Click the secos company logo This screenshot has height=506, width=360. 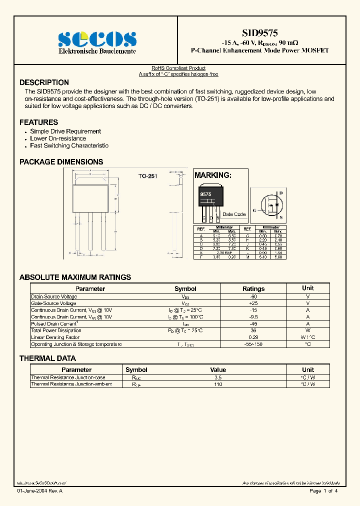pyautogui.click(x=96, y=38)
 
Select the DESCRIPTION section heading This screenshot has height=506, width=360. pyautogui.click(x=44, y=82)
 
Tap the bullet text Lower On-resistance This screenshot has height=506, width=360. pyautogui.click(x=58, y=138)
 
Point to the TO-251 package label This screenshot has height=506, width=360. pyautogui.click(x=147, y=176)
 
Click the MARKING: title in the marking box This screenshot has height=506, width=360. pyautogui.click(x=212, y=175)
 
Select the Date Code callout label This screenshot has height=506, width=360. pyautogui.click(x=234, y=214)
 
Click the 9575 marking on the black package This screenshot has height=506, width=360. pyautogui.click(x=205, y=194)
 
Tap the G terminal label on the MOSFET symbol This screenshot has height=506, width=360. pyautogui.click(x=255, y=210)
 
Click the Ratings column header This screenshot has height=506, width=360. pyautogui.click(x=253, y=288)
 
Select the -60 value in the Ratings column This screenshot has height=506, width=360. pyautogui.click(x=253, y=296)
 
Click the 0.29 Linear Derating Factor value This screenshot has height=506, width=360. pyautogui.click(x=253, y=337)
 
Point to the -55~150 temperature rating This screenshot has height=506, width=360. pyautogui.click(x=253, y=344)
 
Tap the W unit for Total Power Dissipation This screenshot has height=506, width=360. pyautogui.click(x=307, y=330)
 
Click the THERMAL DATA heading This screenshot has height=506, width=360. pyautogui.click(x=47, y=358)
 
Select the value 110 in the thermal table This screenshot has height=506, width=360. pyautogui.click(x=218, y=384)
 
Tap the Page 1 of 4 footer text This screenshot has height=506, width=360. pyautogui.click(x=323, y=491)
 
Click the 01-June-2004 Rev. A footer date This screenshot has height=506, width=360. pyautogui.click(x=40, y=491)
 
